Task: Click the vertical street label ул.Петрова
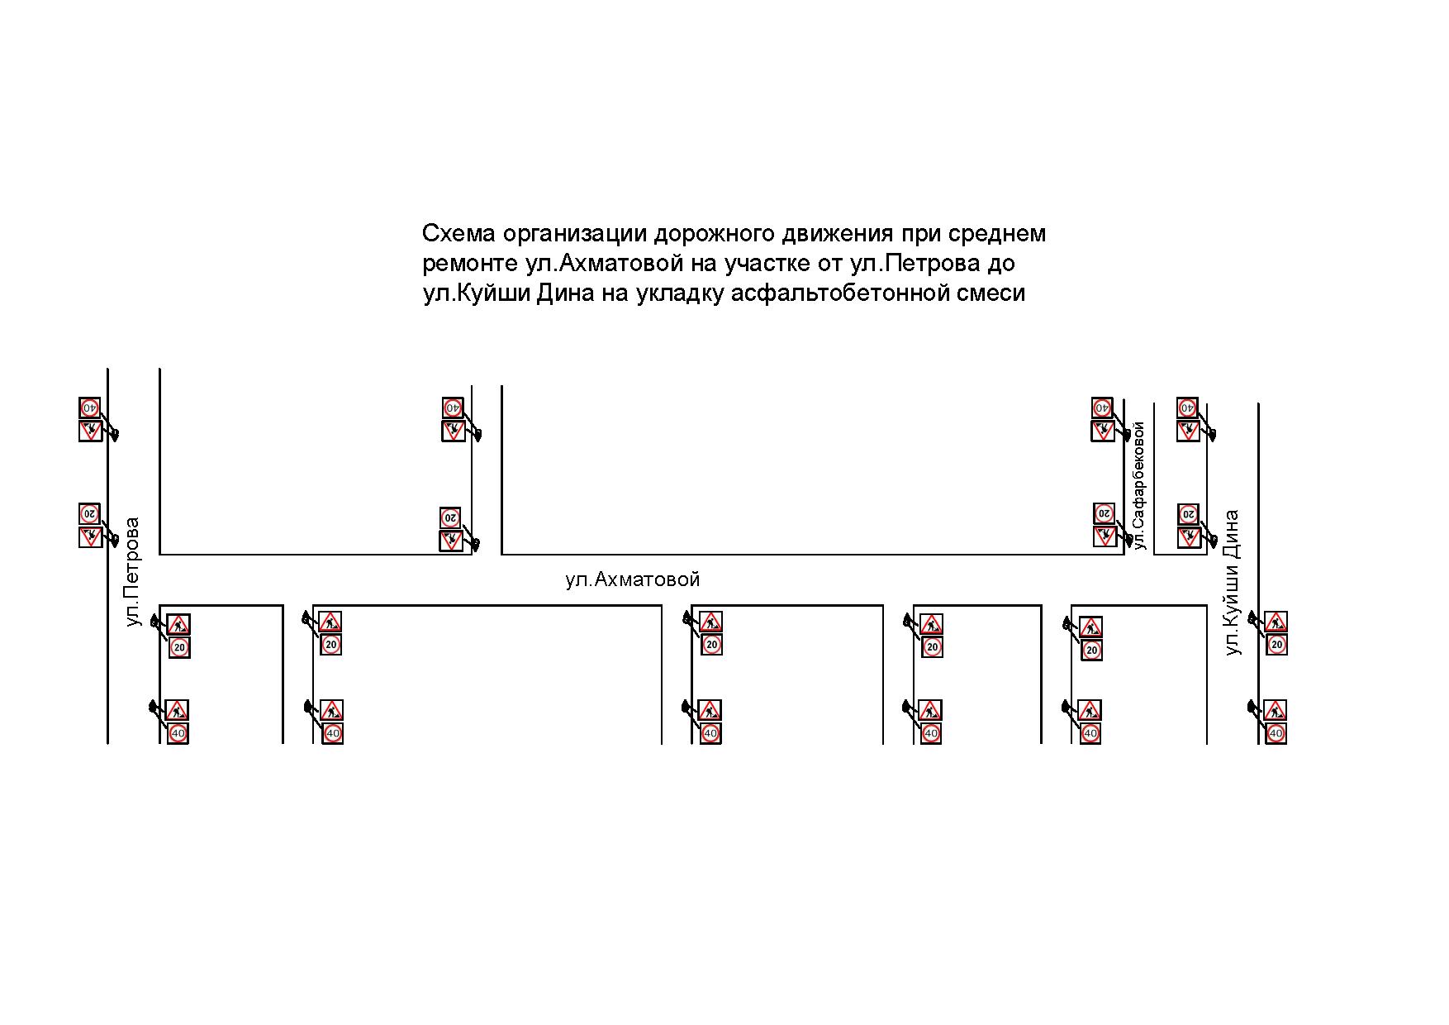pos(133,572)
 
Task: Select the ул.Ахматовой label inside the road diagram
pos(633,579)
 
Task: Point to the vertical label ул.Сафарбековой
pos(1140,485)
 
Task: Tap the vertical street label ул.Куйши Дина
pos(1233,583)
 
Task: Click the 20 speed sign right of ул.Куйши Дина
pos(1276,645)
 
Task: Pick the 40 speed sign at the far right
pos(1276,733)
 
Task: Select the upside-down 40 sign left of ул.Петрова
pos(90,408)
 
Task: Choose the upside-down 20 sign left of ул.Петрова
pos(90,514)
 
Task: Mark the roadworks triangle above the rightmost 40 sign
pos(1276,710)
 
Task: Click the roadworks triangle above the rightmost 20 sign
pos(1276,622)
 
